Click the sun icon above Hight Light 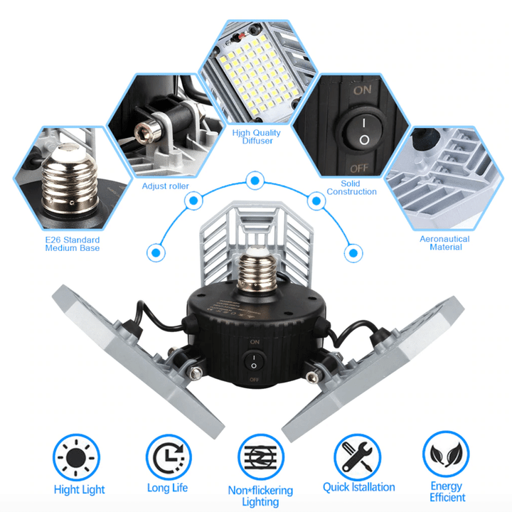pyautogui.click(x=76, y=457)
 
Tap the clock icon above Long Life pyautogui.click(x=169, y=457)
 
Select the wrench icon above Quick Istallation pyautogui.click(x=357, y=457)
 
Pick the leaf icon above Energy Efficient pyautogui.click(x=446, y=454)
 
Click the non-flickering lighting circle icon pyautogui.click(x=261, y=457)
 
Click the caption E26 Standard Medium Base pyautogui.click(x=72, y=244)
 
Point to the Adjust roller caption pyautogui.click(x=165, y=186)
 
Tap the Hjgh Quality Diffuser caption pyautogui.click(x=256, y=137)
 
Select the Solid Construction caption pyautogui.click(x=352, y=188)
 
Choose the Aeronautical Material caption pyautogui.click(x=444, y=243)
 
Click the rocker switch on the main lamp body pyautogui.click(x=254, y=361)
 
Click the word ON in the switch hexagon pyautogui.click(x=363, y=90)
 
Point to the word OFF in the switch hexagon pyautogui.click(x=360, y=169)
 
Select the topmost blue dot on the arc pyautogui.click(x=255, y=180)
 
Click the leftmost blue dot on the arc pyautogui.click(x=156, y=252)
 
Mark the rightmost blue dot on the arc pyautogui.click(x=353, y=253)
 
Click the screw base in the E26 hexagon pyautogui.click(x=70, y=179)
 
